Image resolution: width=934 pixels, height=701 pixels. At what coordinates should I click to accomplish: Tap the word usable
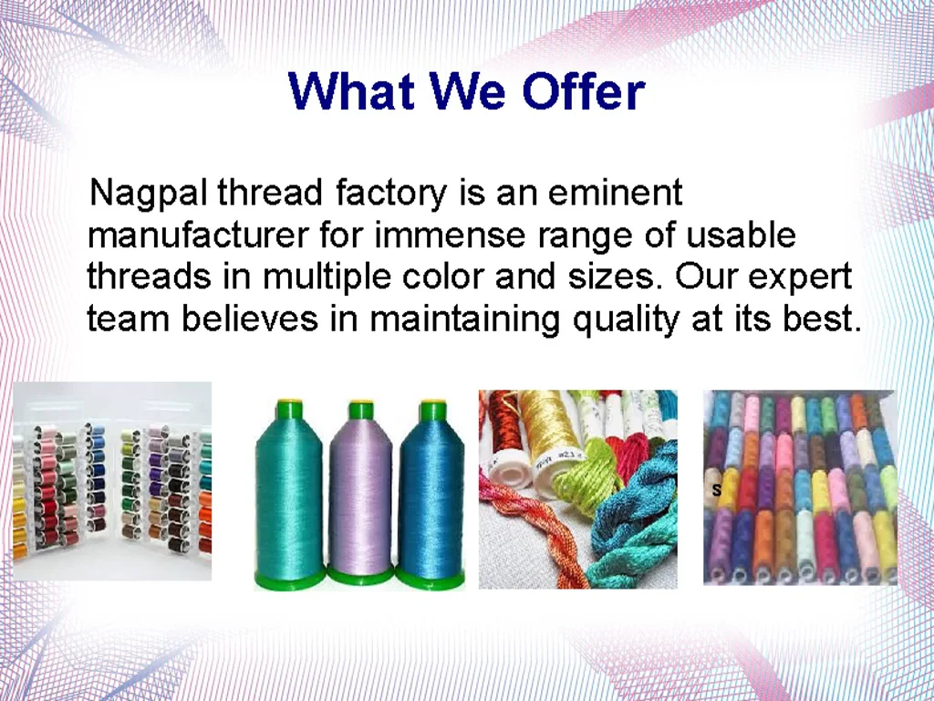(x=741, y=235)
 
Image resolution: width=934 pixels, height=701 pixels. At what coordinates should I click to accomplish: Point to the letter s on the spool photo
(x=716, y=491)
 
